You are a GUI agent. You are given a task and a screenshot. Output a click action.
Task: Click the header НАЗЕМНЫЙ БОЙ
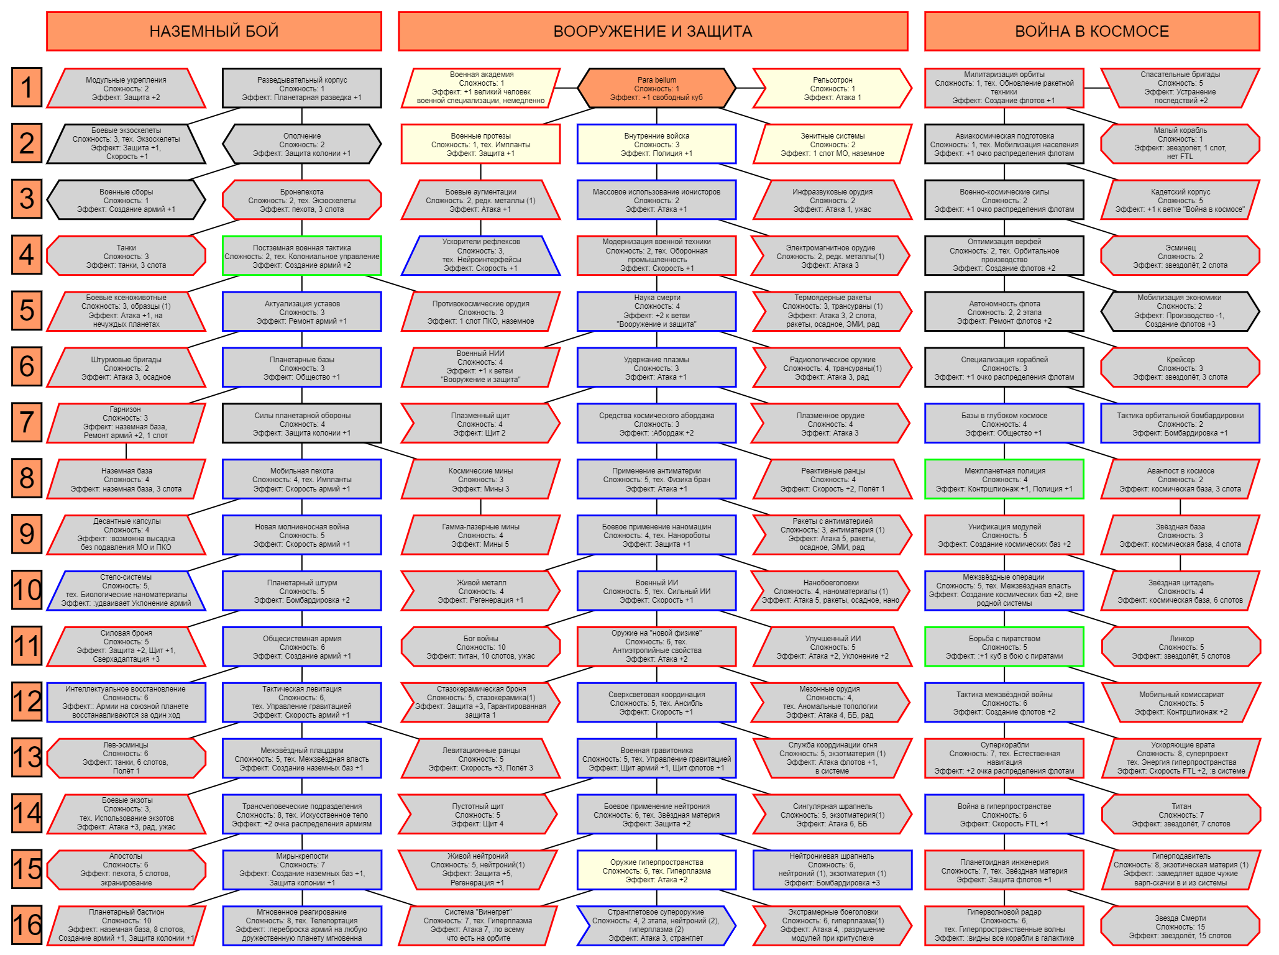pyautogui.click(x=214, y=31)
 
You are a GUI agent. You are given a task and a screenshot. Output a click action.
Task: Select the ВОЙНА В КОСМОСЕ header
pyautogui.click(x=1092, y=31)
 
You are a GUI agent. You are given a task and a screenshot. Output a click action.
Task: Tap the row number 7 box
pyautogui.click(x=27, y=423)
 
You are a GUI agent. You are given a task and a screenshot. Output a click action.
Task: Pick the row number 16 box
pyautogui.click(x=27, y=925)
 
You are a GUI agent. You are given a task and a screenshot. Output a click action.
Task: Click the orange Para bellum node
pyautogui.click(x=656, y=88)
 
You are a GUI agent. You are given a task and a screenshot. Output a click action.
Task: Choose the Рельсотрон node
pyautogui.click(x=832, y=88)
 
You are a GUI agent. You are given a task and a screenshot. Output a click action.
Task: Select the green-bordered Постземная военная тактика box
pyautogui.click(x=302, y=255)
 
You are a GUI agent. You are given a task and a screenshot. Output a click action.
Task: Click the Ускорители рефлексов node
pyautogui.click(x=480, y=255)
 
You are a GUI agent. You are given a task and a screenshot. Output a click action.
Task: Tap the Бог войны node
pyautogui.click(x=480, y=646)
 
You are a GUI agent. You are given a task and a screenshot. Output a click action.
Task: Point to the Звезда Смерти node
pyautogui.click(x=1180, y=925)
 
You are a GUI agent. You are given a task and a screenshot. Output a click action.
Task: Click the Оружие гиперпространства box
pyautogui.click(x=656, y=870)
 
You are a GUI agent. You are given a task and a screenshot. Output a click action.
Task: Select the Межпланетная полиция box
pyautogui.click(x=1004, y=479)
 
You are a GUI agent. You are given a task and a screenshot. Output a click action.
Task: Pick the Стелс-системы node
pyautogui.click(x=126, y=590)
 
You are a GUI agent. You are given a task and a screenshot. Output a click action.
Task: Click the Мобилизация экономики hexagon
pyautogui.click(x=1180, y=311)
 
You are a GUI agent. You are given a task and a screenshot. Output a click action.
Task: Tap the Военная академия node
pyautogui.click(x=480, y=88)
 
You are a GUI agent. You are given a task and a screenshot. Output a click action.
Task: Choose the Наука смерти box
pyautogui.click(x=656, y=311)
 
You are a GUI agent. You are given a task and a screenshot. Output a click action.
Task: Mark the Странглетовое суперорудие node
pyautogui.click(x=656, y=925)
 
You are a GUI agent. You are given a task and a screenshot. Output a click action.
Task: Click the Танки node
pyautogui.click(x=126, y=255)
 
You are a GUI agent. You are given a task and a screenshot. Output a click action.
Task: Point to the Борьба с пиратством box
pyautogui.click(x=1004, y=646)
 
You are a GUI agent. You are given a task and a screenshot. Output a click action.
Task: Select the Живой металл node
pyautogui.click(x=480, y=590)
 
